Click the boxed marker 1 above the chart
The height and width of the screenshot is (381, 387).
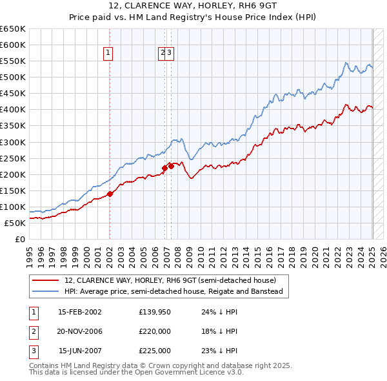pos(108,54)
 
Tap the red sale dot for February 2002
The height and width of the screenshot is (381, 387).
pos(110,193)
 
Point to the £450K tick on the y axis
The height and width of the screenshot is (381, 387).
pos(13,94)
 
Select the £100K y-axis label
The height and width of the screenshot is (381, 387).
pos(13,207)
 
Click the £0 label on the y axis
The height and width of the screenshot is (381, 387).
pos(21,240)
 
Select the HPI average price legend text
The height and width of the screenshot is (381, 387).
pos(174,291)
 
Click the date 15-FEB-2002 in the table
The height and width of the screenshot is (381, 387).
pos(80,312)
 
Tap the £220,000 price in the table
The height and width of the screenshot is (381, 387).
pos(155,331)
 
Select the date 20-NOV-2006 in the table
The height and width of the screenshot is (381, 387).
pos(80,331)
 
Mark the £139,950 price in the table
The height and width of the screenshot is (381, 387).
pos(155,312)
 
